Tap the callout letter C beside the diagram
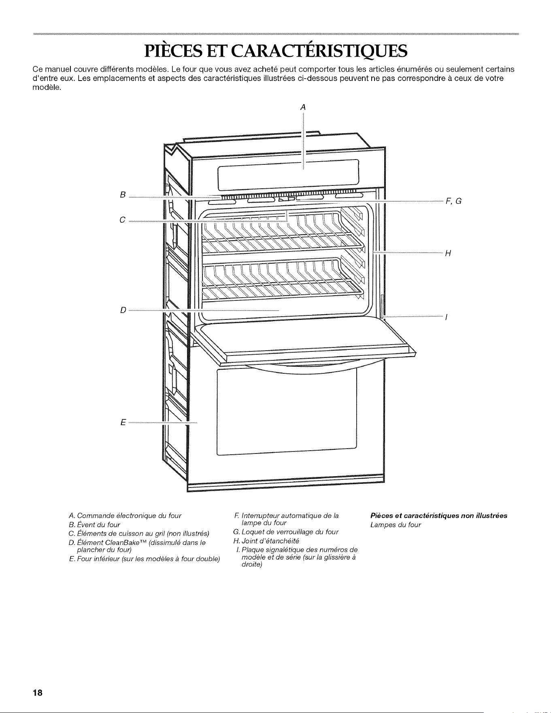[122, 220]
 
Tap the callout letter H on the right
[448, 254]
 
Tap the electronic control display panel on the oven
[288, 174]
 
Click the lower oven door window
[287, 411]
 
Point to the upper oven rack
[283, 232]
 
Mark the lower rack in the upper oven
[283, 279]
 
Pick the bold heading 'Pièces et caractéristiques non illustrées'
[439, 516]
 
